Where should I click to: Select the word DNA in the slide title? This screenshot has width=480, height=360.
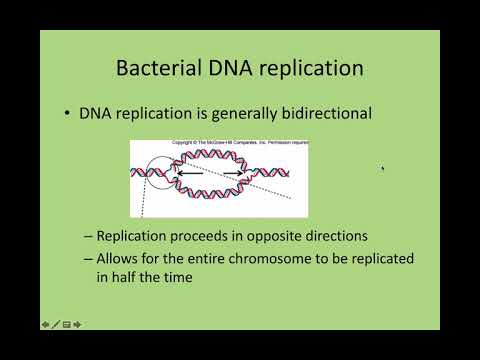(232, 69)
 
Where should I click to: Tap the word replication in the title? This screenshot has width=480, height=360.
(312, 69)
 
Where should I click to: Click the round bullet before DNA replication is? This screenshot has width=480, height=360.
(66, 114)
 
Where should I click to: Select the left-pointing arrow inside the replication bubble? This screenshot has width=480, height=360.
(191, 174)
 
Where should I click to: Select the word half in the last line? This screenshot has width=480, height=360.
(131, 276)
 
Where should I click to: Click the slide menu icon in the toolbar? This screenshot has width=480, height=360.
(66, 324)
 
